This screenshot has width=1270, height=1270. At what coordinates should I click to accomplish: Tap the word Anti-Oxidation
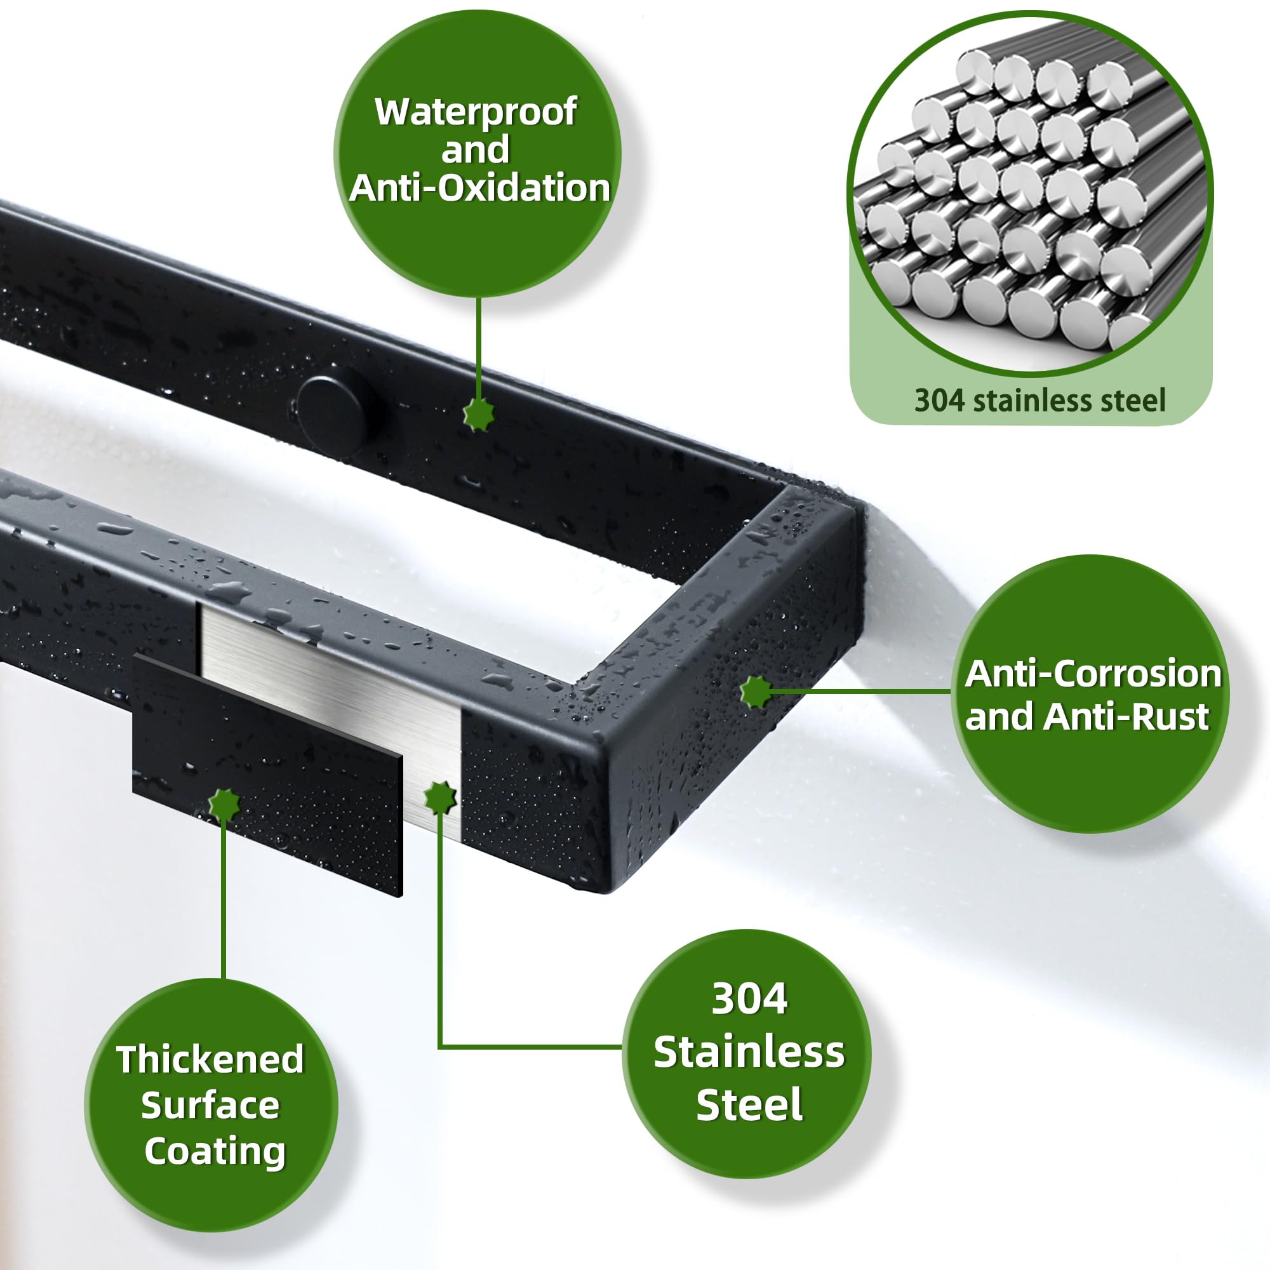(480, 188)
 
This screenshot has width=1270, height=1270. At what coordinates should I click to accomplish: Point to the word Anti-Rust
(1126, 716)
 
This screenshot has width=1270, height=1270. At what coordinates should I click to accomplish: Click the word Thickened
(210, 1059)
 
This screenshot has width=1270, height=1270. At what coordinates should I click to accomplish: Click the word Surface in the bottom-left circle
(210, 1105)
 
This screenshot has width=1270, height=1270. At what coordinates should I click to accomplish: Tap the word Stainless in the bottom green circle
(749, 1052)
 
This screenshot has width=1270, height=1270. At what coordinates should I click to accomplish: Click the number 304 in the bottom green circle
(749, 999)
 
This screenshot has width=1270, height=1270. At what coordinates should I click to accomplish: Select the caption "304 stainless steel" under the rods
(1040, 400)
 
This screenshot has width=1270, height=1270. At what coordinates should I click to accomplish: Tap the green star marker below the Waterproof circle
(479, 413)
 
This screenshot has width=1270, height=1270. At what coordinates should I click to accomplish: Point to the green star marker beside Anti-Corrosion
(757, 692)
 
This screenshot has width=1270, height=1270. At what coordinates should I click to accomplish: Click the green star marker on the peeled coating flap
(225, 804)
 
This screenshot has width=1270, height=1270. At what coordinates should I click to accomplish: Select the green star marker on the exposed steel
(441, 798)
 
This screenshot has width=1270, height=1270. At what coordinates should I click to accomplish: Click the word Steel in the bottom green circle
(749, 1104)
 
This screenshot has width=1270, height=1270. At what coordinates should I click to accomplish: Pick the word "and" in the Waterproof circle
(475, 150)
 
